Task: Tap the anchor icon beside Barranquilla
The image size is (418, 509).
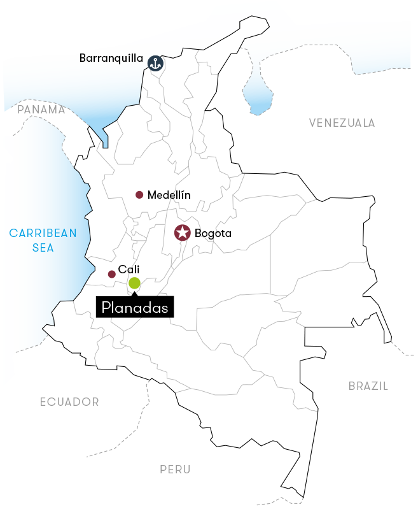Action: (x=155, y=63)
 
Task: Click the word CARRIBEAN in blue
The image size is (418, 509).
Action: (x=43, y=233)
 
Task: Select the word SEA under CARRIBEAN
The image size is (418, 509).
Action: (x=43, y=247)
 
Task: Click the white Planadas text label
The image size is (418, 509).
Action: (x=134, y=308)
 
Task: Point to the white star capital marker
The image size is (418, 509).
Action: (x=182, y=233)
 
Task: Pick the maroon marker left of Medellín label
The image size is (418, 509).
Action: (x=139, y=203)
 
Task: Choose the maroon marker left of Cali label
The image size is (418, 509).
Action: (x=113, y=277)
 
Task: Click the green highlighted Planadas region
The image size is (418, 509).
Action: (x=135, y=283)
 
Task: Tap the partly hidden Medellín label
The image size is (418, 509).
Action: (x=168, y=195)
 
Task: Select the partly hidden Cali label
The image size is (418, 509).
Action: (x=129, y=270)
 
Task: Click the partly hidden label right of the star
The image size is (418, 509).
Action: (x=219, y=234)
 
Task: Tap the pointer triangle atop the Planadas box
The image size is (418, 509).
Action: (x=134, y=294)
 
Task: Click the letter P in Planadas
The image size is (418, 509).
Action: (x=106, y=308)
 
